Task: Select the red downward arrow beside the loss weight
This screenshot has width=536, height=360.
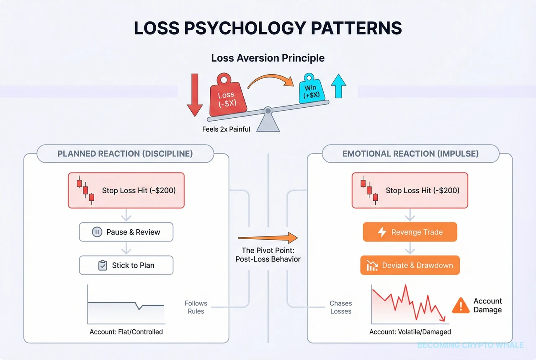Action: point(194,95)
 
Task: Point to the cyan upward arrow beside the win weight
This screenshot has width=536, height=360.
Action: point(339,87)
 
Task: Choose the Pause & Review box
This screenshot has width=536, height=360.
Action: point(126,232)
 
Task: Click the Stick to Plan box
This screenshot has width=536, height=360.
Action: point(126,265)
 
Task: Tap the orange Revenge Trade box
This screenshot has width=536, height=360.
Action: point(410,232)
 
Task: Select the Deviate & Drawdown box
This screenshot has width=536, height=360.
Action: point(410,265)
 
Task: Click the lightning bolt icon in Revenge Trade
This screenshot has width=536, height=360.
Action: point(382,232)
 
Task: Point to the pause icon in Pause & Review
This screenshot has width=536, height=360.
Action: point(97,232)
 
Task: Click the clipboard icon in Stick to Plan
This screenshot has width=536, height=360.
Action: point(102,265)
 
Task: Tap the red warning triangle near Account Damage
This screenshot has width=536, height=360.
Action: point(461,305)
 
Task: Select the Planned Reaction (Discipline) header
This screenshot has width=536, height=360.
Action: point(125,153)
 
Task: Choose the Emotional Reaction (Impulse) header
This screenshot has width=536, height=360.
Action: point(410,153)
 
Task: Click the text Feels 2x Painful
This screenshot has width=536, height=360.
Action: point(226,129)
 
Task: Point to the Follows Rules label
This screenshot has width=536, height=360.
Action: point(196,307)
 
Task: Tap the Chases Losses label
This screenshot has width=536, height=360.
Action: point(340,307)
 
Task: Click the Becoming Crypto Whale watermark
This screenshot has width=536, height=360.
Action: point(470,345)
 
